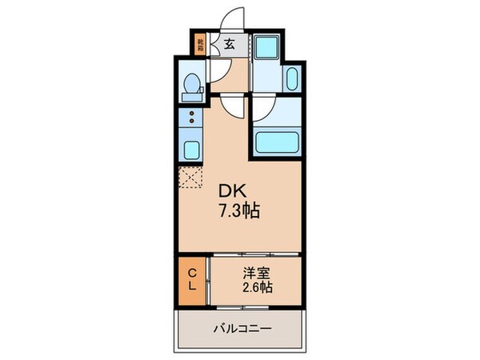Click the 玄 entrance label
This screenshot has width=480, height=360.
point(228,45)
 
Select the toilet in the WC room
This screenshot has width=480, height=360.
point(192,86)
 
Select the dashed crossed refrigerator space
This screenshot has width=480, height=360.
point(192,178)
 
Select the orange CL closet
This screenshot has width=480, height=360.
point(192,280)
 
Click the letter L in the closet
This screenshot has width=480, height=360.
point(192,287)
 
